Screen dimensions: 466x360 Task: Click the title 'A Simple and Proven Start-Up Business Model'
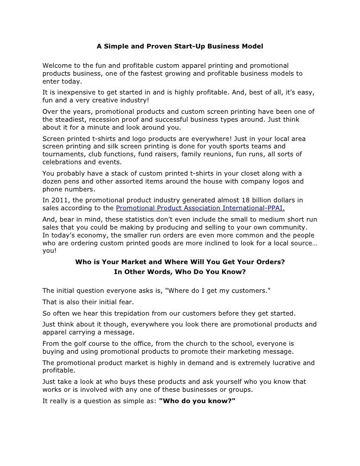pyautogui.click(x=180, y=47)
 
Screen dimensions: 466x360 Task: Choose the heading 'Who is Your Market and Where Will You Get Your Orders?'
pyautogui.click(x=180, y=262)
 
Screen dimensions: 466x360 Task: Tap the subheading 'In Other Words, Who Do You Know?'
pyautogui.click(x=180, y=272)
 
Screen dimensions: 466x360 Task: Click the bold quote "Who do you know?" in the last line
pyautogui.click(x=198, y=401)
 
